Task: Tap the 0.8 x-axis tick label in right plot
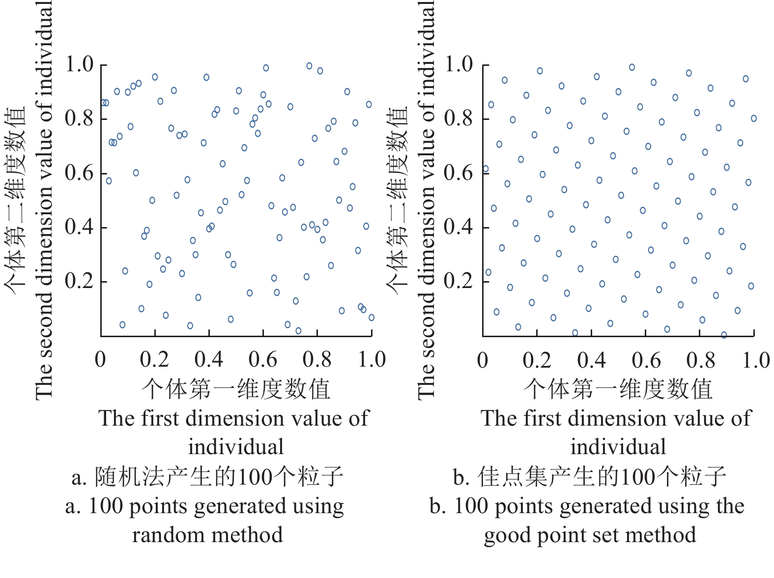tap(701, 360)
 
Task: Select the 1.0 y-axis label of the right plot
tap(458, 64)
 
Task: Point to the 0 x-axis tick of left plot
tap(100, 360)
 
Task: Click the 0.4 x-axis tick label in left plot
tap(208, 360)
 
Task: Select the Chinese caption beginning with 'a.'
tap(207, 477)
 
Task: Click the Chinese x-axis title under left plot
tap(236, 389)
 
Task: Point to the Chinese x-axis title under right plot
tap(618, 389)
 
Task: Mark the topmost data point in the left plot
tap(310, 66)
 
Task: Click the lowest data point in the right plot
tap(724, 335)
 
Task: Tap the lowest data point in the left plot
tap(298, 331)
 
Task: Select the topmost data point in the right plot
tap(632, 67)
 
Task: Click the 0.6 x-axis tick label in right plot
tap(646, 360)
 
